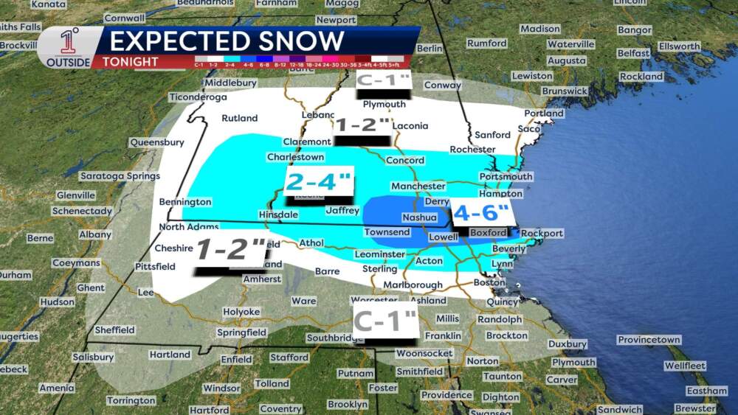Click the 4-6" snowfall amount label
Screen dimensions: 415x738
(x=481, y=214)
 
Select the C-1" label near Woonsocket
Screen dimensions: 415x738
(x=385, y=321)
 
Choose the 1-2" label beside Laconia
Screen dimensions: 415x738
(x=362, y=125)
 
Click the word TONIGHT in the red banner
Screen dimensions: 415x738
(x=131, y=61)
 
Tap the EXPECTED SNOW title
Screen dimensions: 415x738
(x=227, y=41)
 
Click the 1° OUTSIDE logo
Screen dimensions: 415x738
(x=69, y=48)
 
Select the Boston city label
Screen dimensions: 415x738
(x=489, y=282)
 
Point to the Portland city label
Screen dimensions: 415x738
(x=544, y=114)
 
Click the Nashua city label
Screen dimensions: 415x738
(x=419, y=217)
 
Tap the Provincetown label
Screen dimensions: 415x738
(x=649, y=340)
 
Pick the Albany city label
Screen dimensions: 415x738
(x=94, y=234)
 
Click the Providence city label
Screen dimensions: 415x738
(x=446, y=395)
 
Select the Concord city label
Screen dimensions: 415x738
(x=405, y=160)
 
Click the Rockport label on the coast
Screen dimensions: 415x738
(x=542, y=234)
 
